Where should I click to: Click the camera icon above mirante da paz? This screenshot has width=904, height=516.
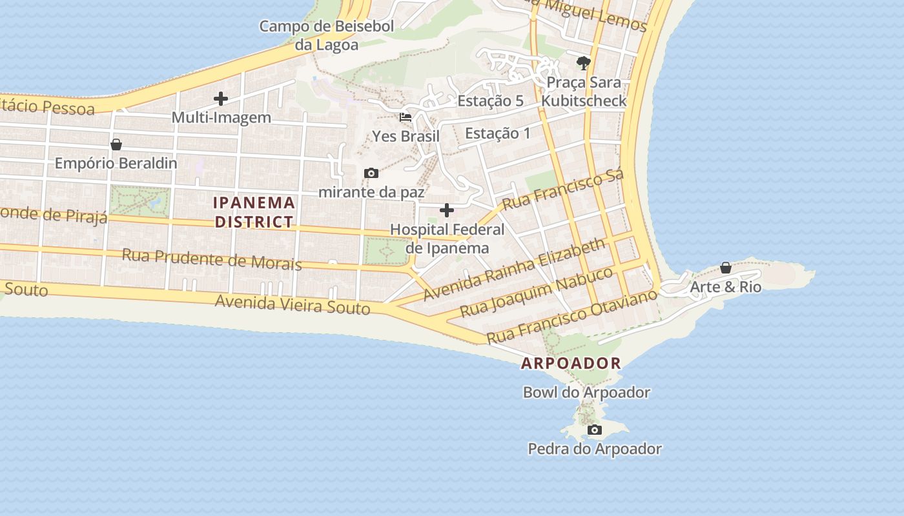[x=371, y=173]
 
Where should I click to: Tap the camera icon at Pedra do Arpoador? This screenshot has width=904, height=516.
[x=595, y=430]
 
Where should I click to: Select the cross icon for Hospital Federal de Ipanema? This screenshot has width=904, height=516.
[x=447, y=210]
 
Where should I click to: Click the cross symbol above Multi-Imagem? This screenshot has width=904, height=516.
[x=221, y=99]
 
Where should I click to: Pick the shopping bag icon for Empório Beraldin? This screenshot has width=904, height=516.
[x=116, y=144]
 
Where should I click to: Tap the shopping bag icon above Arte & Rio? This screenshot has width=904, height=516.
[x=726, y=268]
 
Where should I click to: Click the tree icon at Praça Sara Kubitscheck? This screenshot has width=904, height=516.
[x=584, y=63]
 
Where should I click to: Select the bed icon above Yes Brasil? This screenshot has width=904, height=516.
[x=406, y=117]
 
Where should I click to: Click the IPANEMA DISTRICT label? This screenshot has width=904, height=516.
[x=254, y=212]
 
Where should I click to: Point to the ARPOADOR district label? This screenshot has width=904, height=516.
[x=571, y=363]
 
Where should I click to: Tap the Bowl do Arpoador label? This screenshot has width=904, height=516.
[x=586, y=392]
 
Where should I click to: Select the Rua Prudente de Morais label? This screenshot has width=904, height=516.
[x=212, y=259]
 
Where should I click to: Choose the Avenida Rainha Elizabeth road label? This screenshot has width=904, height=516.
[x=515, y=269]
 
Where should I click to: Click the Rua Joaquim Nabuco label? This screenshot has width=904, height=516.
[x=536, y=292]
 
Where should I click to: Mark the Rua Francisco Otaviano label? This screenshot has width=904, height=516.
[x=571, y=316]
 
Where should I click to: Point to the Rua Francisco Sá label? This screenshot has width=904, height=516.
[x=563, y=190]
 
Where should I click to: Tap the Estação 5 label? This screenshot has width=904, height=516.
[x=490, y=101]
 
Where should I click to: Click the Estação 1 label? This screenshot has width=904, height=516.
[x=498, y=134]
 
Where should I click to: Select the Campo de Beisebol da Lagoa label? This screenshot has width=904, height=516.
[x=326, y=35]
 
